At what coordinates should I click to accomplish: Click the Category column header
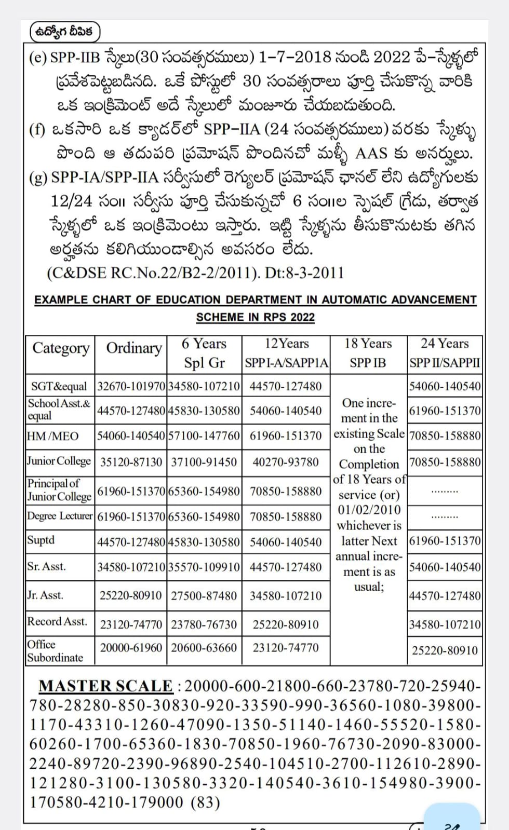pyautogui.click(x=61, y=348)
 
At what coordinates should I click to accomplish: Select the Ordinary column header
pyautogui.click(x=133, y=348)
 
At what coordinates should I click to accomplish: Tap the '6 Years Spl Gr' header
pyautogui.click(x=204, y=353)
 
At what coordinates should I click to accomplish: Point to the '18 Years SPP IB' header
pyautogui.click(x=368, y=353)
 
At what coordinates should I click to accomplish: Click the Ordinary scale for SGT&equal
pyautogui.click(x=131, y=386)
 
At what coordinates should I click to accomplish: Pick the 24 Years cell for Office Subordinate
pyautogui.click(x=445, y=650)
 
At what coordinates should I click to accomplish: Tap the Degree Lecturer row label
pyautogui.click(x=60, y=516)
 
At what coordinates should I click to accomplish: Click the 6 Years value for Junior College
pyautogui.click(x=204, y=462)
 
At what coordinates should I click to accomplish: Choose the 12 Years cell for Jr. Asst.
pyautogui.click(x=286, y=595)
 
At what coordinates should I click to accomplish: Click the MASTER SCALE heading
pyautogui.click(x=106, y=686)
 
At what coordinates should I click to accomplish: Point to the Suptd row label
pyautogui.click(x=41, y=540)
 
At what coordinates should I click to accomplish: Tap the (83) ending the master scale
pyautogui.click(x=205, y=802)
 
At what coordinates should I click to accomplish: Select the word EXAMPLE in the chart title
pyautogui.click(x=61, y=300)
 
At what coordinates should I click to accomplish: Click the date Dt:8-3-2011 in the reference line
pyautogui.click(x=304, y=273)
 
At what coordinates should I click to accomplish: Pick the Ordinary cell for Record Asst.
pyautogui.click(x=131, y=624)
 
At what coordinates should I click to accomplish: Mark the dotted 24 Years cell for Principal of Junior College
pyautogui.click(x=445, y=491)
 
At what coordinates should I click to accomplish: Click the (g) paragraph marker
pyautogui.click(x=38, y=178)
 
